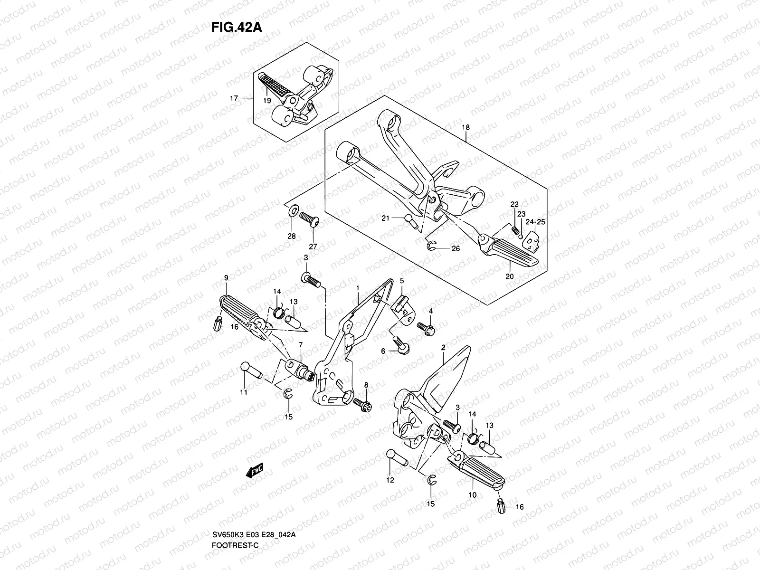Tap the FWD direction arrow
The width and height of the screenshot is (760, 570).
(x=255, y=471)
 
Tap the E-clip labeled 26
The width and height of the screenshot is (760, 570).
(x=431, y=245)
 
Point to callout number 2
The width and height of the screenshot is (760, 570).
(x=443, y=348)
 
